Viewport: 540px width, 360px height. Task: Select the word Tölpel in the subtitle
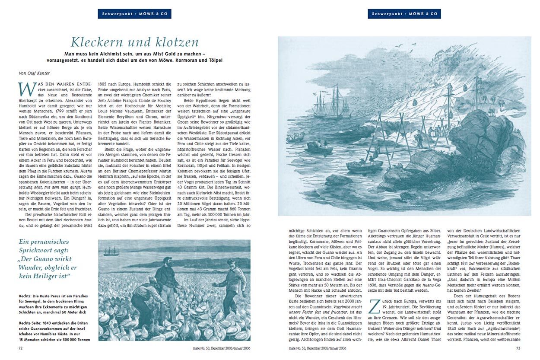click(x=216, y=60)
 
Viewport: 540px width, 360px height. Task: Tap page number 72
click(x=20, y=348)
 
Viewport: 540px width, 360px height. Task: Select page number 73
click(x=518, y=348)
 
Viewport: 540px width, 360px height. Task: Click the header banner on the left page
click(x=134, y=14)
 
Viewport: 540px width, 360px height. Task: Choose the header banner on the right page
click(x=404, y=14)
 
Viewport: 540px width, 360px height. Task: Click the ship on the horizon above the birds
click(x=110, y=251)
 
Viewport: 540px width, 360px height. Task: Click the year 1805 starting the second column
click(x=105, y=82)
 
